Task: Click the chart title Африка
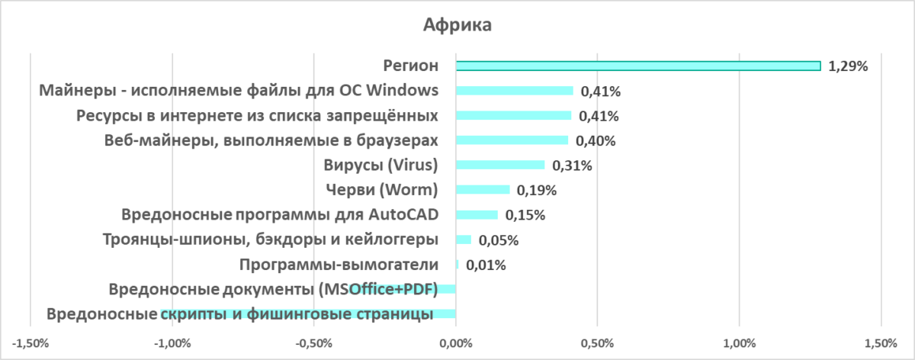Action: pyautogui.click(x=457, y=25)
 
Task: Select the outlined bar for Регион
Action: pyautogui.click(x=637, y=66)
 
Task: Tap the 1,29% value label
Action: pyautogui.click(x=848, y=66)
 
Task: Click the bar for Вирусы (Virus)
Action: pyautogui.click(x=500, y=165)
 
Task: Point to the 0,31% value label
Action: pyautogui.click(x=573, y=166)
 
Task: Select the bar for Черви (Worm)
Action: pyautogui.click(x=483, y=190)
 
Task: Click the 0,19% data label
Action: pyautogui.click(x=538, y=191)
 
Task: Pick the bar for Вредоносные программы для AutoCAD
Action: pyautogui.click(x=477, y=215)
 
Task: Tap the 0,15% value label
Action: pyautogui.click(x=525, y=215)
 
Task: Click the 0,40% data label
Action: pyautogui.click(x=596, y=141)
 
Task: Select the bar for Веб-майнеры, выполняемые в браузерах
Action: pyautogui.click(x=512, y=140)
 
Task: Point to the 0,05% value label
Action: pyautogui.click(x=499, y=240)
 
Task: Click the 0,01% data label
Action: pyautogui.click(x=486, y=265)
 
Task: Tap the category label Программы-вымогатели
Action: pyautogui.click(x=339, y=265)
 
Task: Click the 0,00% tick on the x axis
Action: pyautogui.click(x=456, y=344)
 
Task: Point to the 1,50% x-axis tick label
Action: pyautogui.click(x=881, y=344)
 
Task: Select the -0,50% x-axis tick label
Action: pyautogui.click(x=313, y=344)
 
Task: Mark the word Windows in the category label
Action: pyautogui.click(x=403, y=91)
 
